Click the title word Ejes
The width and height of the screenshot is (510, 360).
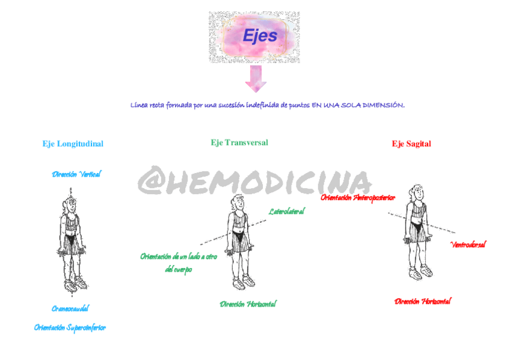(260, 36)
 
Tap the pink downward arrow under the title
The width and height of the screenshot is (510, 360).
(255, 79)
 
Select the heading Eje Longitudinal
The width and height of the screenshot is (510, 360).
(73, 144)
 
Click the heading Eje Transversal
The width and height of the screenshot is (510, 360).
(239, 142)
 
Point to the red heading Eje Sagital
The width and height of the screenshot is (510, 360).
(411, 144)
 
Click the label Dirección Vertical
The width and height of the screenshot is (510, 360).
(76, 174)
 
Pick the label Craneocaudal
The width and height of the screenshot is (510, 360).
(70, 308)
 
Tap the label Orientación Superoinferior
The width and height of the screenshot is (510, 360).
(70, 328)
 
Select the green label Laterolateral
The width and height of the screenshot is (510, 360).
(286, 211)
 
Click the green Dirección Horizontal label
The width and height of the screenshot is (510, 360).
(248, 304)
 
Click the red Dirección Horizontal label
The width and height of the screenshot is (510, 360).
(422, 301)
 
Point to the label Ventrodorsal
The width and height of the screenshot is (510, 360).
(468, 245)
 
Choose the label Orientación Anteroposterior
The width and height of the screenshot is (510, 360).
(358, 197)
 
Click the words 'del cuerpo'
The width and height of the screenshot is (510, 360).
(179, 270)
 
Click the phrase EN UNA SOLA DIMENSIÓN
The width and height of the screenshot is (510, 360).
(358, 105)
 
